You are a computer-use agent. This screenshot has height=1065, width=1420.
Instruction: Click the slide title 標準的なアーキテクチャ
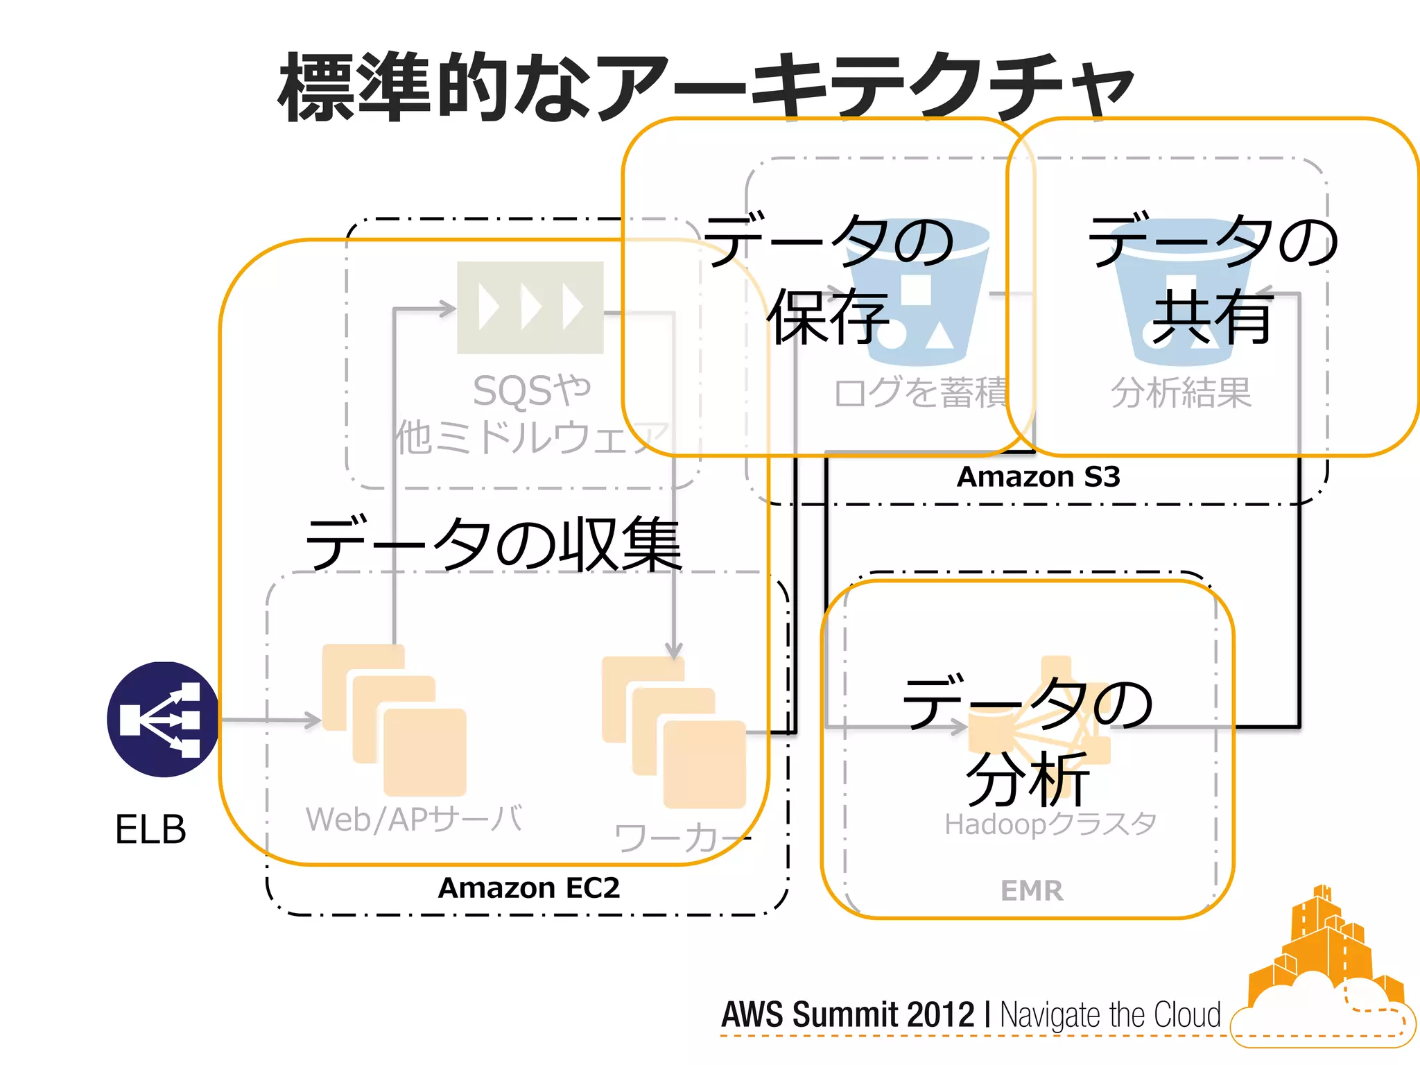tap(706, 87)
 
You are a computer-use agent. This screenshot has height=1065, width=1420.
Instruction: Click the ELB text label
tap(150, 829)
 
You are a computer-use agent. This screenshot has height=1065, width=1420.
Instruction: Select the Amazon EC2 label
tap(528, 888)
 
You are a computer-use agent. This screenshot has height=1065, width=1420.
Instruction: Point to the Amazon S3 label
tap(1038, 477)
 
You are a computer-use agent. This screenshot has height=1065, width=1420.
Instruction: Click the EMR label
tap(1031, 891)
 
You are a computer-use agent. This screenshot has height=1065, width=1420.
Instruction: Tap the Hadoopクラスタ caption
tap(1050, 824)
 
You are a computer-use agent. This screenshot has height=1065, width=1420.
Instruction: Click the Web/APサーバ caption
tap(414, 820)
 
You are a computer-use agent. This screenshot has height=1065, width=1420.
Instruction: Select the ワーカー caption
tap(682, 838)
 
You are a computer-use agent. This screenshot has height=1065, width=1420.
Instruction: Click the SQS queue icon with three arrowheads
tap(530, 307)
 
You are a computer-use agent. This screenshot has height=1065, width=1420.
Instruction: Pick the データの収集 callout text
tap(493, 545)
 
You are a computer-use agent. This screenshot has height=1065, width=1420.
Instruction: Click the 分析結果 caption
tap(1181, 392)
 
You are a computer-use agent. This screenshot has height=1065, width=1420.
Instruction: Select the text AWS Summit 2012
tap(847, 1015)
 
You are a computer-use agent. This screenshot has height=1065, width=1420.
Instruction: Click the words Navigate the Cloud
tap(1109, 1015)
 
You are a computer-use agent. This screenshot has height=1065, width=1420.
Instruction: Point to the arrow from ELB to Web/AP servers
tap(270, 720)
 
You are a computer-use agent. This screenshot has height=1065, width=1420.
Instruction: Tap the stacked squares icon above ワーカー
tap(673, 732)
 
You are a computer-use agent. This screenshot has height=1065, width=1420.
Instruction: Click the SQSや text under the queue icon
tap(531, 390)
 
